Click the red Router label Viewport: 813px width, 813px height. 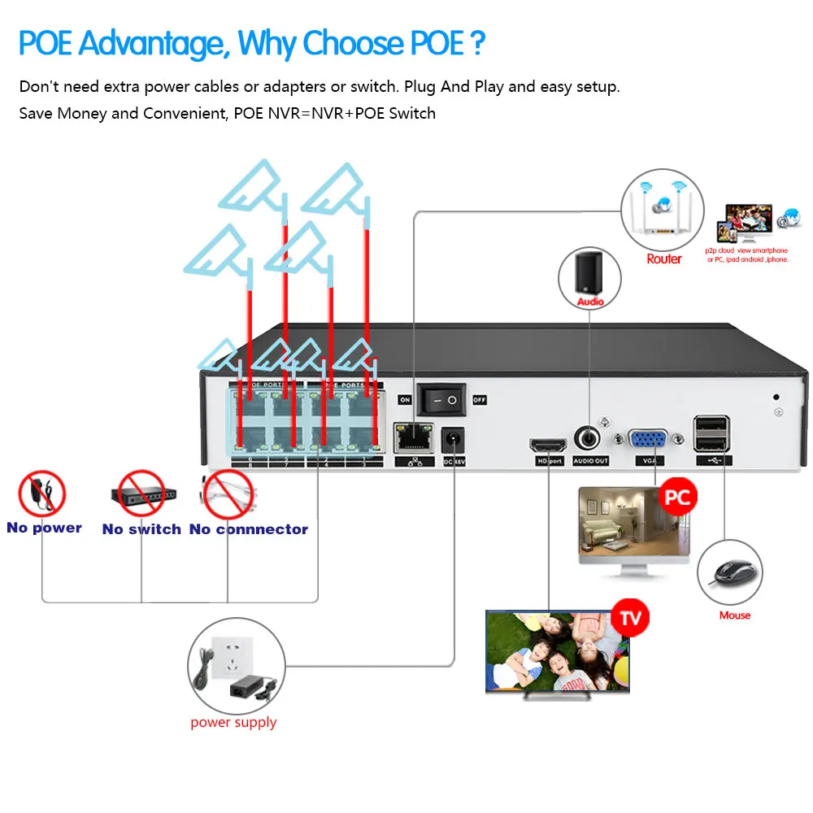click(x=664, y=259)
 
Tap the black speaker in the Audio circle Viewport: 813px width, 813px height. click(x=589, y=274)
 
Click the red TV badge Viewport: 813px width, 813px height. click(x=630, y=619)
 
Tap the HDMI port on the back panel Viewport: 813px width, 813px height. click(x=549, y=446)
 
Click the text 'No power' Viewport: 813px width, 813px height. click(x=44, y=528)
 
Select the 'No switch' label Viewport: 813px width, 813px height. click(x=141, y=529)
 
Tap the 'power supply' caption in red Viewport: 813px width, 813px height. click(x=233, y=722)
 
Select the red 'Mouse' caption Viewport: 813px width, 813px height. click(x=735, y=615)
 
